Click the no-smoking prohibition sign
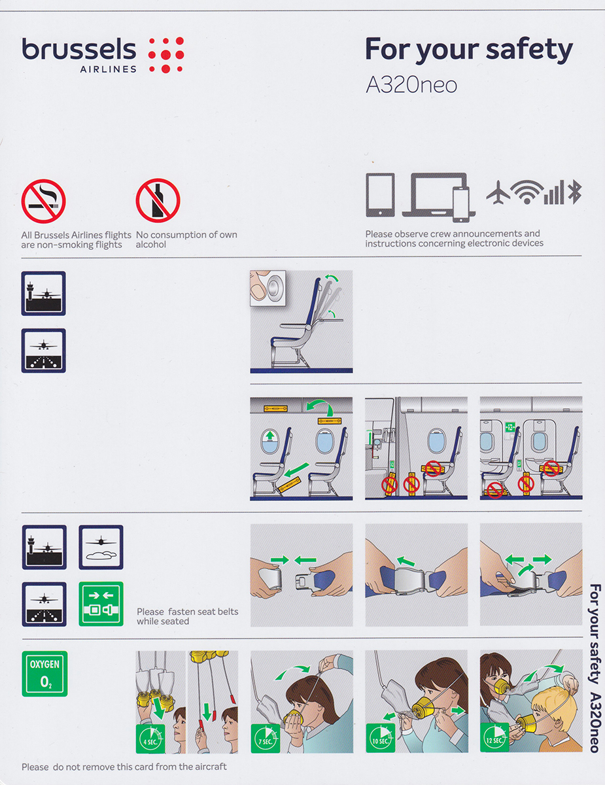click(x=43, y=201)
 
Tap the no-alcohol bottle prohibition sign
click(x=158, y=200)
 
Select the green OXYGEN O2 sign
click(x=44, y=674)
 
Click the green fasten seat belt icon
click(x=101, y=604)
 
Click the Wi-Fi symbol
click(x=527, y=192)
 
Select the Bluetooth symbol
click(x=575, y=192)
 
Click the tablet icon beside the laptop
click(x=380, y=195)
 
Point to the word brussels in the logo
click(x=79, y=49)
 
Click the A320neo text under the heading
click(x=411, y=85)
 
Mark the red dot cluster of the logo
click(x=166, y=55)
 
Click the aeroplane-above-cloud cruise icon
click(x=101, y=547)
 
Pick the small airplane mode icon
click(x=498, y=192)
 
